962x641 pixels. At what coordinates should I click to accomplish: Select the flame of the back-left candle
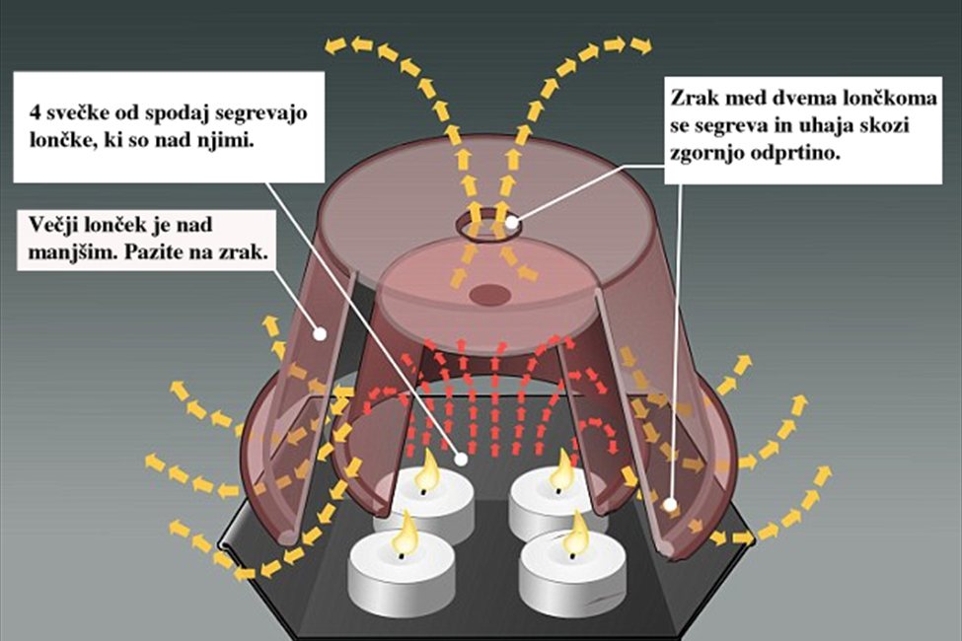(429, 472)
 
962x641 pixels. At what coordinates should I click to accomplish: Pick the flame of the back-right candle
(562, 471)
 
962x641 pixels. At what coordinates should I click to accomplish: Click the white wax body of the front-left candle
(399, 582)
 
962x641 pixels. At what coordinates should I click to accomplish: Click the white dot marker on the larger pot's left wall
(321, 333)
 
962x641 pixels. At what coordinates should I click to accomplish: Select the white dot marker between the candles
(462, 459)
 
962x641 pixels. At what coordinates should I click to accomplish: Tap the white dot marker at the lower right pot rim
(670, 504)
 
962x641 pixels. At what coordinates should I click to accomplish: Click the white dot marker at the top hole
(512, 222)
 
